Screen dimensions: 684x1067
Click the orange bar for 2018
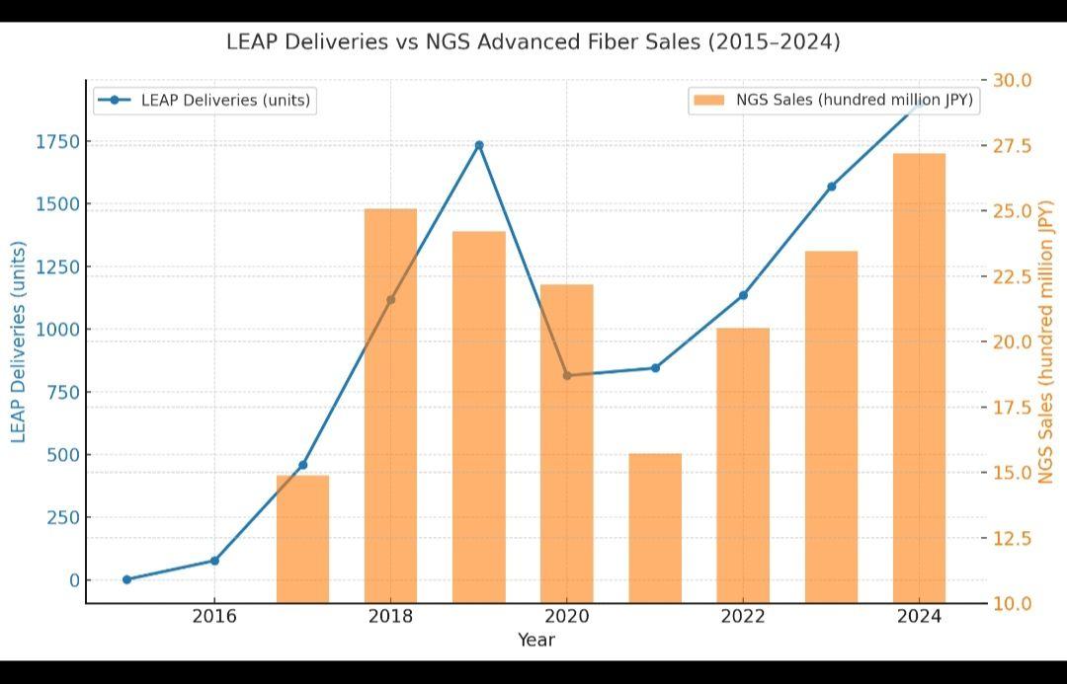tap(390, 405)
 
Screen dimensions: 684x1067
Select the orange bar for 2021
tap(655, 528)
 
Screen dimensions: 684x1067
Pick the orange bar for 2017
tap(302, 539)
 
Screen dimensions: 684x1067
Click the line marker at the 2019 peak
tap(479, 145)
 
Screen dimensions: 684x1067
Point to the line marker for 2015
tap(126, 579)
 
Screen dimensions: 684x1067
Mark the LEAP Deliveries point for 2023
tap(832, 186)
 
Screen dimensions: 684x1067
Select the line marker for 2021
tap(655, 368)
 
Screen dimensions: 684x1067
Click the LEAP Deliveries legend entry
tap(205, 100)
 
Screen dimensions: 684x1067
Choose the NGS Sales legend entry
tap(834, 100)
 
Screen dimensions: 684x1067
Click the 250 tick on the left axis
tap(61, 517)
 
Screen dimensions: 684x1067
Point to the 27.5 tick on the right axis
tap(1013, 146)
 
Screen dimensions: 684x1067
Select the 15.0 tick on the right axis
tap(1013, 473)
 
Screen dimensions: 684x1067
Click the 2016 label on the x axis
tap(214, 617)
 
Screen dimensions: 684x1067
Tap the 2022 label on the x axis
tap(743, 617)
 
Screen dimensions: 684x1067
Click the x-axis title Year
tap(536, 640)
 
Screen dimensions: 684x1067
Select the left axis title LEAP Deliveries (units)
tap(18, 342)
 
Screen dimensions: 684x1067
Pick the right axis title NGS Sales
tap(1047, 342)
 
